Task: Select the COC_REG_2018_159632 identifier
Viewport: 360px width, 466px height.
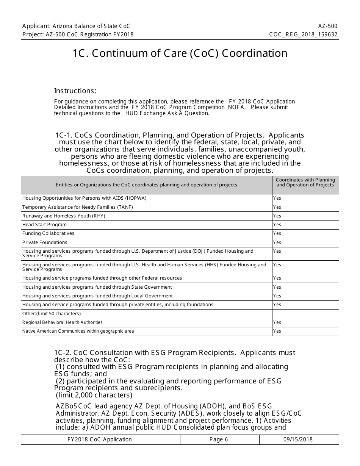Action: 303,34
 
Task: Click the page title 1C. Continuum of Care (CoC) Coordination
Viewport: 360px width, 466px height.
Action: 180,53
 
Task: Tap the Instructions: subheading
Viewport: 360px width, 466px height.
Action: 75,91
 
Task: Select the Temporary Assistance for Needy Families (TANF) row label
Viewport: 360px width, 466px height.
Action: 77,207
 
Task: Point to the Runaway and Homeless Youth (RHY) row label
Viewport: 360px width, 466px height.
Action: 63,216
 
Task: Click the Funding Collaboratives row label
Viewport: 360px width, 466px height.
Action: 48,233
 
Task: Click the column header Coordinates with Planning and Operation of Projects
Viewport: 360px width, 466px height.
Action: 305,183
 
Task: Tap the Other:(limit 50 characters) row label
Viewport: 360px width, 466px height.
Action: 51,314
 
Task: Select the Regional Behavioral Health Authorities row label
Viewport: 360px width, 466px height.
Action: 62,322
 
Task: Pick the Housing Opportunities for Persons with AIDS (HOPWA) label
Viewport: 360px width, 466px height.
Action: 84,198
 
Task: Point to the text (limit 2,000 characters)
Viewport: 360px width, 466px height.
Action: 94,396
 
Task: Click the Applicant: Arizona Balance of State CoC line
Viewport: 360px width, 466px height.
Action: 76,26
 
